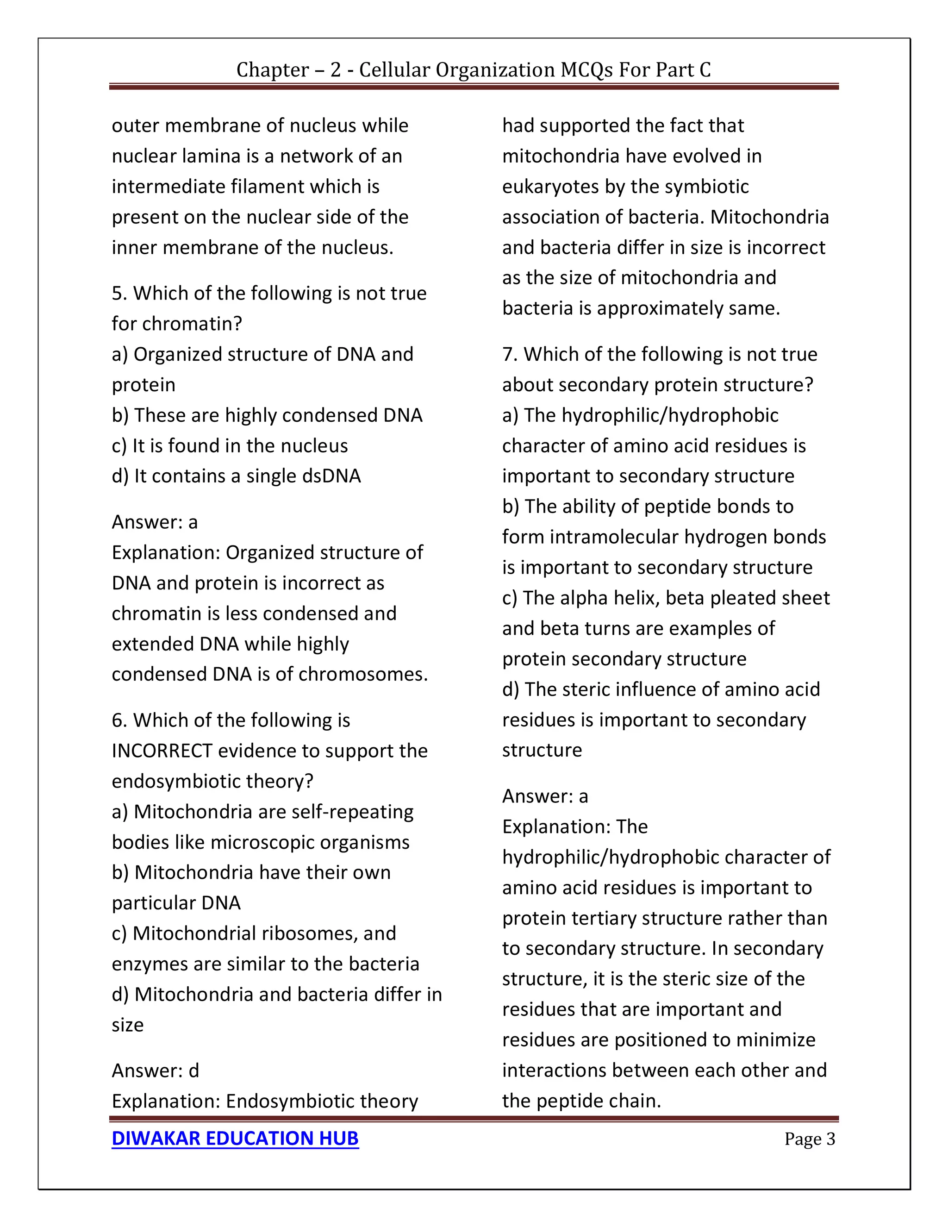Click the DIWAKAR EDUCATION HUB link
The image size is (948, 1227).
(235, 1138)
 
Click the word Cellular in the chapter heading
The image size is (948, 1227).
(395, 69)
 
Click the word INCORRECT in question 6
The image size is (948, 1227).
(162, 751)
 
